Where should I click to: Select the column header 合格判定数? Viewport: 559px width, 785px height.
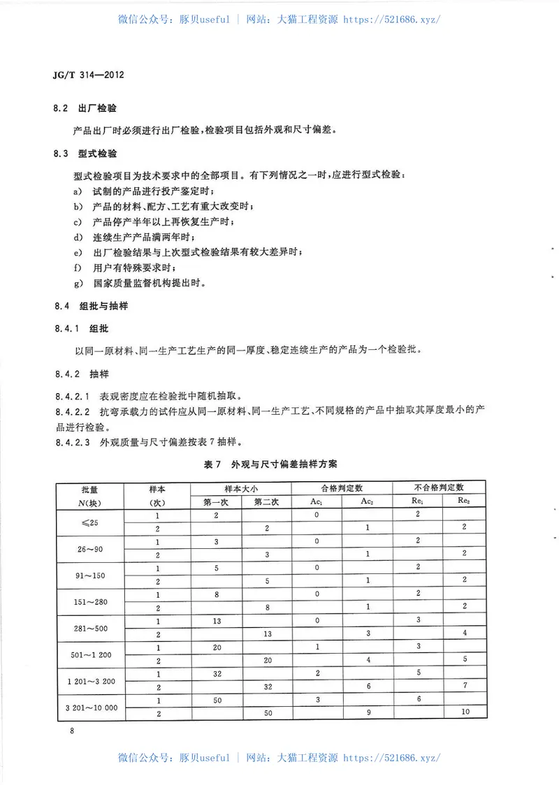(x=342, y=487)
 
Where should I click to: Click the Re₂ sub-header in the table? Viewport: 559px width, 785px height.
(x=463, y=501)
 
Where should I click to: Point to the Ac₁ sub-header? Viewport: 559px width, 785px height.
(x=317, y=501)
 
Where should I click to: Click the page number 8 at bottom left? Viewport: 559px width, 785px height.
(x=71, y=731)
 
